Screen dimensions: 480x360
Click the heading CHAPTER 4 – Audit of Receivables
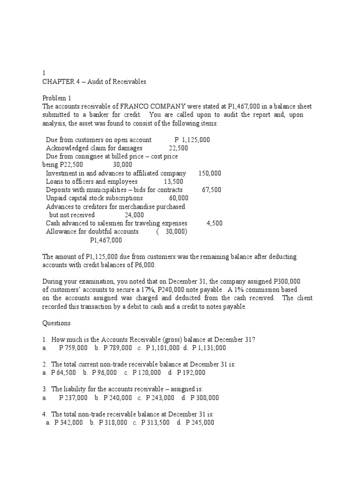[x=94, y=82]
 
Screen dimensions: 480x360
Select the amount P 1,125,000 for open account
[x=192, y=140]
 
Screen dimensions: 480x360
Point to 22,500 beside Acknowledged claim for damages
[x=179, y=148]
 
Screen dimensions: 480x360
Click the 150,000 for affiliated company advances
[x=210, y=173]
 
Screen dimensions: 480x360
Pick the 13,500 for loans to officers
[x=173, y=181]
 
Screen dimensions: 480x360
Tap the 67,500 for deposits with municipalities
[x=211, y=190]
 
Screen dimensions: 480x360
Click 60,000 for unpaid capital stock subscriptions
[x=179, y=198]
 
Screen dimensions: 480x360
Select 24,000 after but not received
[x=134, y=215]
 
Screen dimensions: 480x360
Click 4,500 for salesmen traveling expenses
[x=214, y=224]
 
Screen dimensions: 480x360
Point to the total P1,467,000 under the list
[x=106, y=240]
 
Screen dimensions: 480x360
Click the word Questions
[x=57, y=323]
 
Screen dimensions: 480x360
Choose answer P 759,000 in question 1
[x=73, y=348]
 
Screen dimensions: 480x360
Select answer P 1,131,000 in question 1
[x=209, y=348]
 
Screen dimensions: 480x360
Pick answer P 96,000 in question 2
[x=104, y=373]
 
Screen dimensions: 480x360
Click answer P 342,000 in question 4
[x=68, y=423]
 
